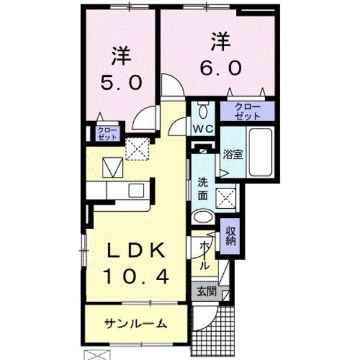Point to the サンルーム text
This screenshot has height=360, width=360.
coord(136,324)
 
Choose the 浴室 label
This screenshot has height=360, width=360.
coord(232,153)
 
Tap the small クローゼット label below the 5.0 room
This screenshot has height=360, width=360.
coord(108,133)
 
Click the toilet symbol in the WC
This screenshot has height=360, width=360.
coord(202,110)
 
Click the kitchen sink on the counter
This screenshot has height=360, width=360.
coord(136,191)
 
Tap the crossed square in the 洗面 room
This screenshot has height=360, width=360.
coord(226,197)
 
